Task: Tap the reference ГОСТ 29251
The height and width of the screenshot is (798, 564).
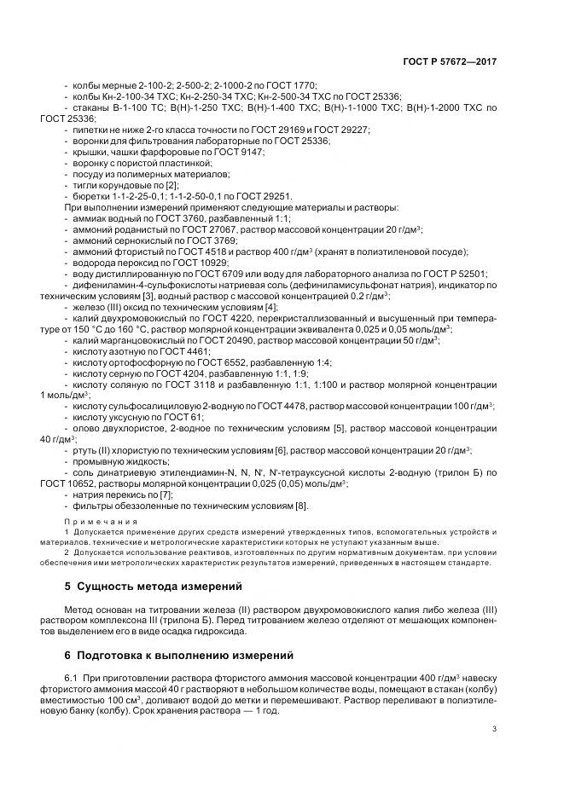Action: (x=265, y=195)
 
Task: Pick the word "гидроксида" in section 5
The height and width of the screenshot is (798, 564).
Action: (x=224, y=632)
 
